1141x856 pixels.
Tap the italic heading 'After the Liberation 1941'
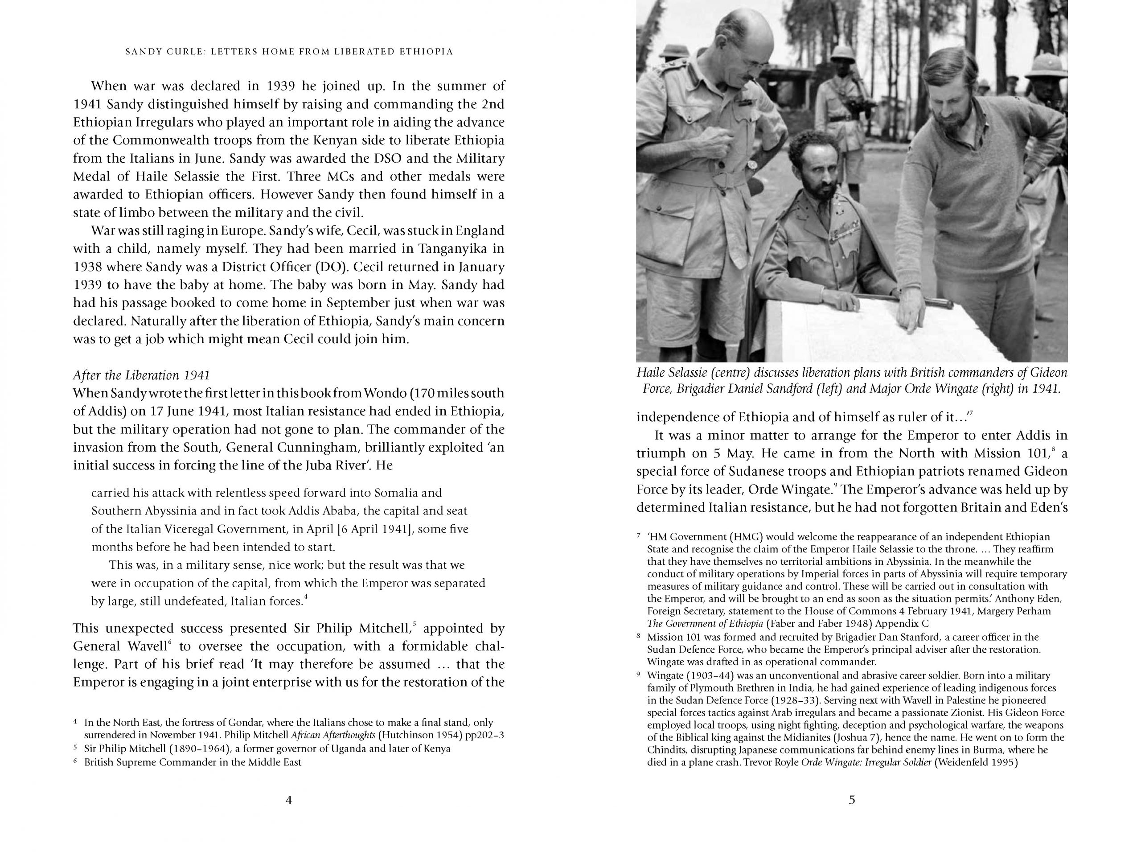(x=141, y=375)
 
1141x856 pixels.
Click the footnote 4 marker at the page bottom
(x=75, y=722)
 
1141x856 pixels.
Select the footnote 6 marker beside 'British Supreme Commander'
(x=75, y=761)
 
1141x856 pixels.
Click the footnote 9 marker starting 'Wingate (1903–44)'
(x=639, y=675)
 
